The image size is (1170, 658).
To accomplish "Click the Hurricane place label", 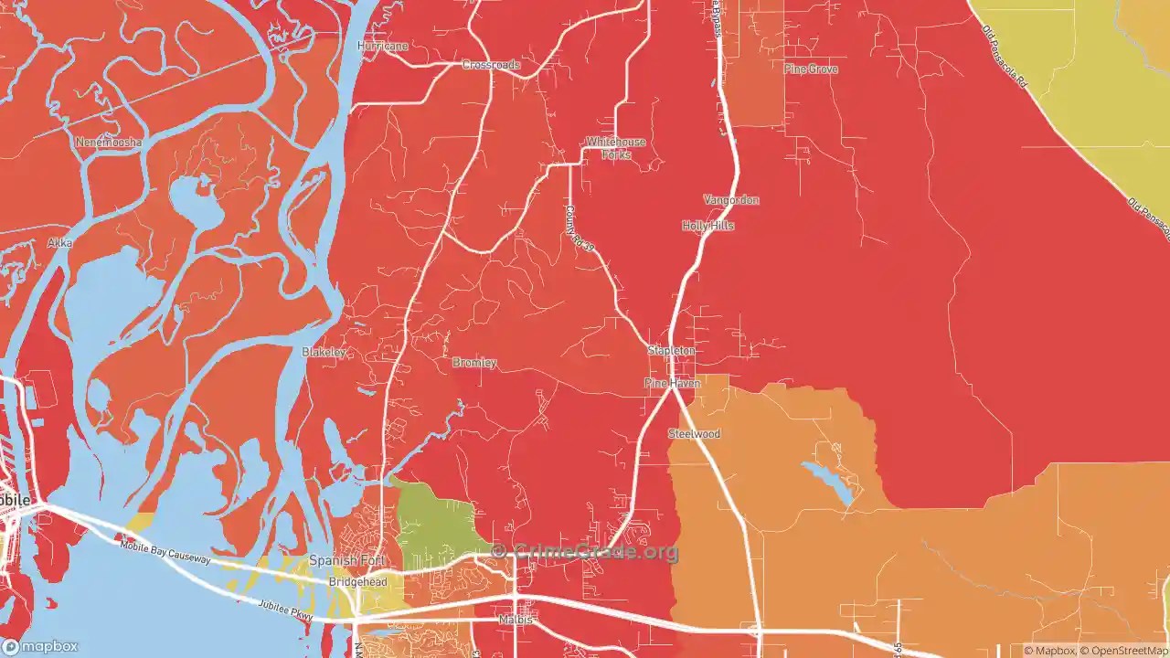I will (x=383, y=46).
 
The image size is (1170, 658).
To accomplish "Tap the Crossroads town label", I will (x=491, y=65).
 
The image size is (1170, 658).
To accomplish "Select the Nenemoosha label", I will (x=109, y=143).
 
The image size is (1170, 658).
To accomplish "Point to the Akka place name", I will (x=59, y=244).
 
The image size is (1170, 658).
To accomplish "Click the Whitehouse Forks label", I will (x=616, y=148).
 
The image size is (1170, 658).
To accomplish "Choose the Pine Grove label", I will (x=811, y=69).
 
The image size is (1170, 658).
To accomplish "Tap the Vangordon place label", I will (x=731, y=199).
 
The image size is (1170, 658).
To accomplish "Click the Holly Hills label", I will (x=707, y=225).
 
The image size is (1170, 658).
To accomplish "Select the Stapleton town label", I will (x=672, y=350).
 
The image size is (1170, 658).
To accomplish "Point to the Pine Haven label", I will (x=672, y=383).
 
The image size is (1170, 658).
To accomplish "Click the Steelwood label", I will (x=694, y=433).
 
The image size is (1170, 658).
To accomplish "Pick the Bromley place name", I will (x=474, y=363).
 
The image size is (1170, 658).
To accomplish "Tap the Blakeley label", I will (x=324, y=352).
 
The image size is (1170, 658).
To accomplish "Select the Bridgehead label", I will (x=358, y=581).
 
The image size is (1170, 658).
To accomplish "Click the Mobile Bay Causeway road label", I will (x=165, y=551).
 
